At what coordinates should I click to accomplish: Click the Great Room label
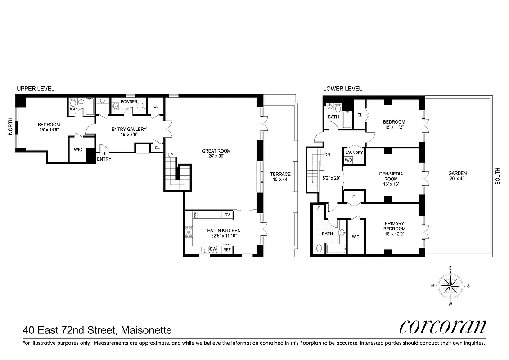216,151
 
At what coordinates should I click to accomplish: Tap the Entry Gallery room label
130,130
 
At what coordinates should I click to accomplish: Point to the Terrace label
280,174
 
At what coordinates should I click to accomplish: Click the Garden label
457,173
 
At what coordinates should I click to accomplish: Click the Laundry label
354,153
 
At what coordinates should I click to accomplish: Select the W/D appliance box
348,160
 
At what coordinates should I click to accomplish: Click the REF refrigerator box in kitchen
227,250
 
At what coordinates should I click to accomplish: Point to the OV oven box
227,215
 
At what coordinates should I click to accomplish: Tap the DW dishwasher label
214,249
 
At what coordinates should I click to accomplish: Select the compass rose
450,285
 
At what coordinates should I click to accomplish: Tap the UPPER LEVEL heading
36,89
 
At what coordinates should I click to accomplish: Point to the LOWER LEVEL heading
342,89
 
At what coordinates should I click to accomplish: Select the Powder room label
129,101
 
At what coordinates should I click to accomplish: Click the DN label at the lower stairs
327,154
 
